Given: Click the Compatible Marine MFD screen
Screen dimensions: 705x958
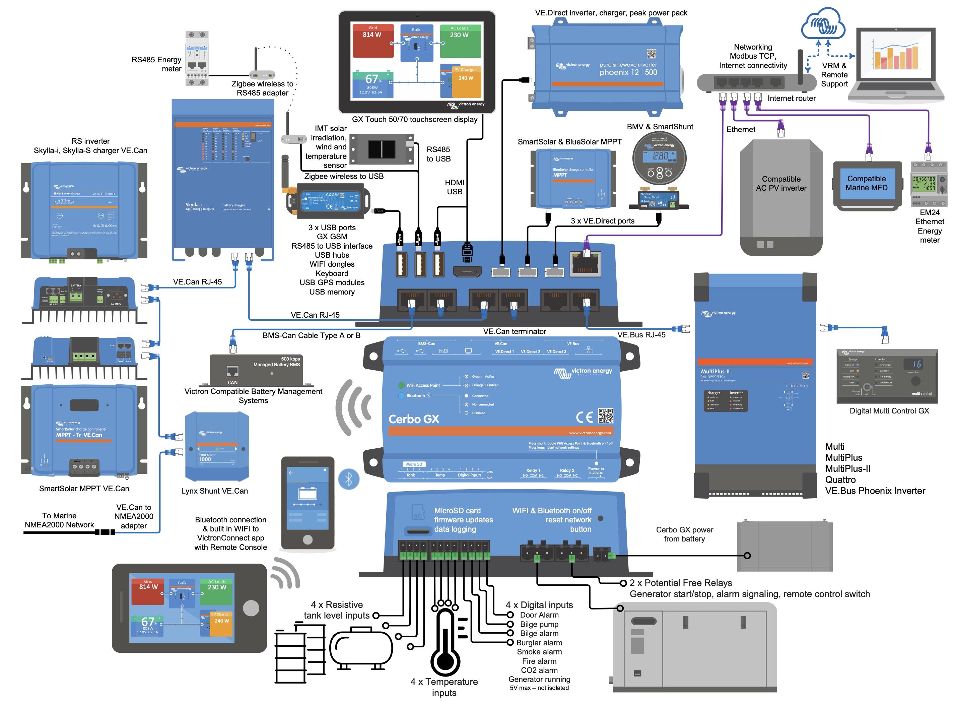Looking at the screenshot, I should (866, 184).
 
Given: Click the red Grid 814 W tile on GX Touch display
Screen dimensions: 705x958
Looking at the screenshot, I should (373, 40).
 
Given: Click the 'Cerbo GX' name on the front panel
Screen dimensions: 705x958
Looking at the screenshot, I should (413, 419).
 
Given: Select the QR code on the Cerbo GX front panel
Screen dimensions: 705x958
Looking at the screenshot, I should (605, 415).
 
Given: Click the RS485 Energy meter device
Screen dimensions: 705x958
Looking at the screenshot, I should (197, 58).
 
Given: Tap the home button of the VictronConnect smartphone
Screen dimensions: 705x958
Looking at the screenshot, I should (307, 539).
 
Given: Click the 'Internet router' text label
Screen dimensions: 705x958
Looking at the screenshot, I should (791, 98).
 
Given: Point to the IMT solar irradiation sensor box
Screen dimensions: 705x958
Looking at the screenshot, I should (382, 149).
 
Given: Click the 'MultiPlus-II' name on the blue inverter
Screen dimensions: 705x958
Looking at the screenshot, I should (715, 371).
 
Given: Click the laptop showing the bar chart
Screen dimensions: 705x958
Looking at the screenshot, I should (896, 64).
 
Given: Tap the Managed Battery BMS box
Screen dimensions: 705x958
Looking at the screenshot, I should (256, 370).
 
